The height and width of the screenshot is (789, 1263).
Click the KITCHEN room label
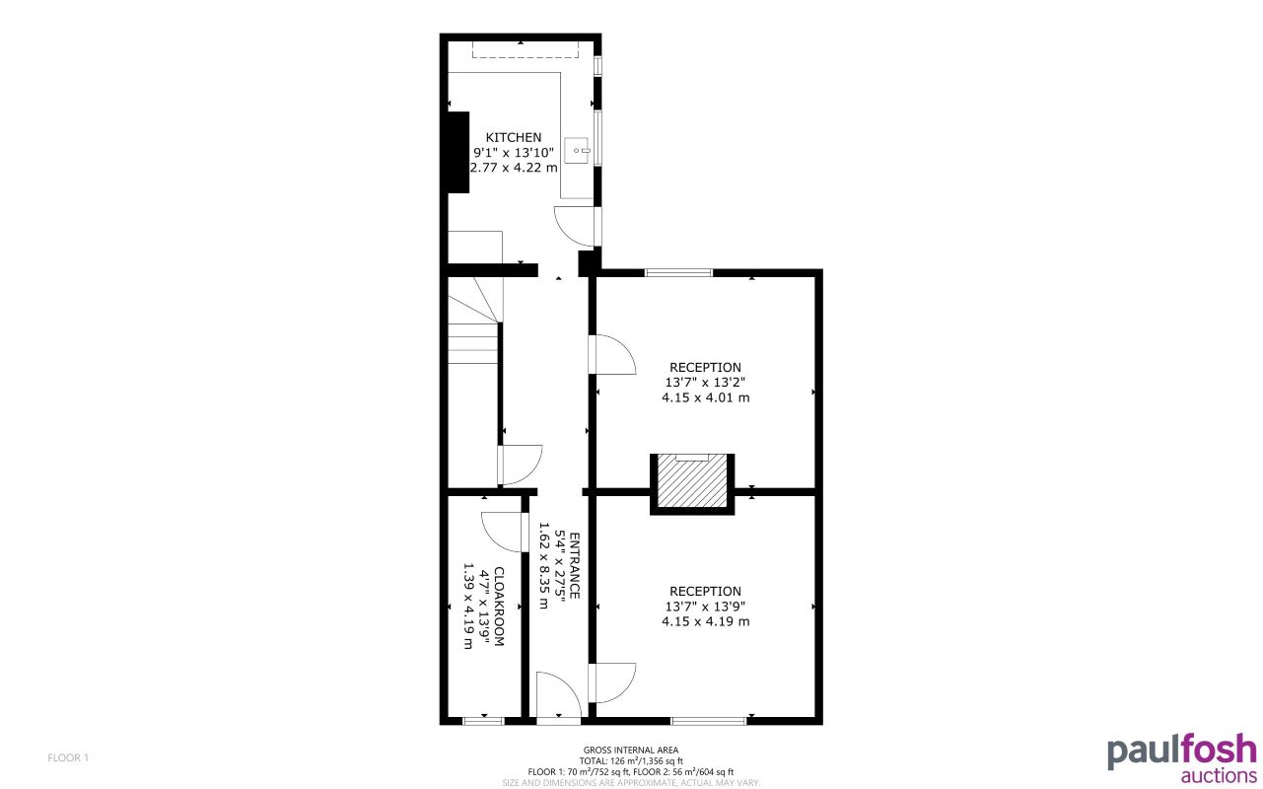(x=513, y=137)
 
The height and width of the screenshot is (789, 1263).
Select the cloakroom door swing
(x=503, y=532)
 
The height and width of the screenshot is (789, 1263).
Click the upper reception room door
(x=611, y=355)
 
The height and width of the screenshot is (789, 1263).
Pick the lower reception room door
(x=610, y=682)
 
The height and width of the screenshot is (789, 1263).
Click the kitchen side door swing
(x=576, y=226)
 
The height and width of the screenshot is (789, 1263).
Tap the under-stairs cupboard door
(x=521, y=465)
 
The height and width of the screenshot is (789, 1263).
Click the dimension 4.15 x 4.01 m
(x=705, y=398)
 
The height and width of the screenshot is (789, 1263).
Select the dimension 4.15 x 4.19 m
(x=705, y=621)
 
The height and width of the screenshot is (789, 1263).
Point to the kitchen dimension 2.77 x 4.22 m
(x=513, y=168)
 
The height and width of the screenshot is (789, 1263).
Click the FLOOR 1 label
(x=68, y=757)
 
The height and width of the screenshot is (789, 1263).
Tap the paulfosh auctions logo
(x=1181, y=756)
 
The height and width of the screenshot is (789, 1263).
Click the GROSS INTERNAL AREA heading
(x=631, y=751)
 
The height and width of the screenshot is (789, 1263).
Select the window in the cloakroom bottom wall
(x=483, y=721)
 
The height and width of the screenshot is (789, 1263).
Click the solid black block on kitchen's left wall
(x=457, y=152)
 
